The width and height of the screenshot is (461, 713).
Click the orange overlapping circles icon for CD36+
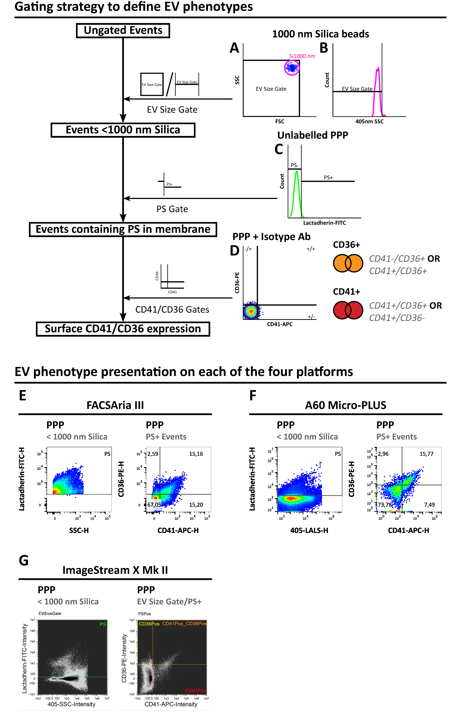[348, 263]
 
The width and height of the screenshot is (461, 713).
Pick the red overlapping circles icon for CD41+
[348, 310]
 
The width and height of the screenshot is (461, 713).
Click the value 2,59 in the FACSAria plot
[153, 454]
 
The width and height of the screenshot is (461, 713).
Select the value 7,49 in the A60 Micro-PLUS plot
[429, 505]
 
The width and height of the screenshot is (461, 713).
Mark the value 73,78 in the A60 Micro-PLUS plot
[385, 505]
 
